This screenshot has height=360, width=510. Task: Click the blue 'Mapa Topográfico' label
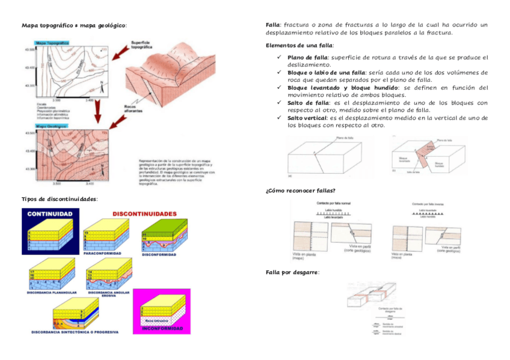coord(52,43)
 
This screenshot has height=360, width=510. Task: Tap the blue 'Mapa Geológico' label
coord(52,127)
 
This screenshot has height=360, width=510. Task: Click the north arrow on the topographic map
coord(103,85)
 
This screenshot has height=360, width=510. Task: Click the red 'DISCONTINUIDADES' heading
coord(144,214)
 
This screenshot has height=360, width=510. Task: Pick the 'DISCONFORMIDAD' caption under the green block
coord(159,254)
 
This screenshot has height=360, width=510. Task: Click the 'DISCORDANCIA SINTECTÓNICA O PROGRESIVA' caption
coord(75,332)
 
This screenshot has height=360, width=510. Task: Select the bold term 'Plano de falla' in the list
coord(307,58)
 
